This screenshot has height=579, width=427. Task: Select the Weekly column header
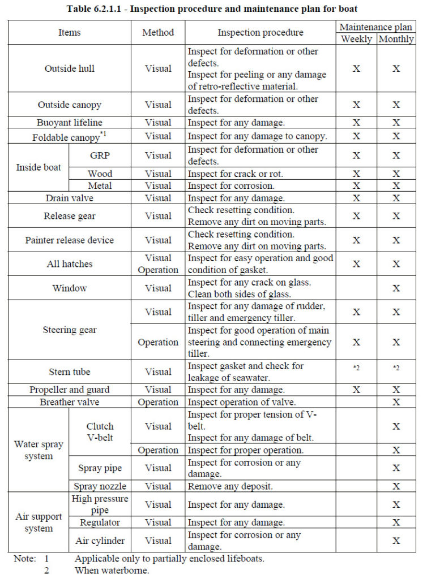tap(356, 39)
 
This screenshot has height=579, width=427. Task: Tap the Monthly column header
tap(396, 39)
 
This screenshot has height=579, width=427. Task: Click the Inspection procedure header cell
tap(261, 33)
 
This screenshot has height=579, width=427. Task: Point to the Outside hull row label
tap(70, 68)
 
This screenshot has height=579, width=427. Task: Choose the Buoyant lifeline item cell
tap(70, 122)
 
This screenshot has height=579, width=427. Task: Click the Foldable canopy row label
tap(70, 136)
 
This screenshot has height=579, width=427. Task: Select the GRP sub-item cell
tap(100, 155)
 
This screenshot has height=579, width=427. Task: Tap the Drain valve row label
tap(70, 198)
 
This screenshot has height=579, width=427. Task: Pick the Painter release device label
tap(70, 240)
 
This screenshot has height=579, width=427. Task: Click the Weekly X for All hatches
tap(356, 264)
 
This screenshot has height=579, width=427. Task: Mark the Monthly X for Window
tap(396, 288)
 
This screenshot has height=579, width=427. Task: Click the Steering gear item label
tap(70, 330)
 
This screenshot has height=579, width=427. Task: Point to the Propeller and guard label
tap(70, 390)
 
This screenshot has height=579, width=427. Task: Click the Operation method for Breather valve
tap(158, 403)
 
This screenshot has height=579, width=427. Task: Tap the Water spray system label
tap(39, 450)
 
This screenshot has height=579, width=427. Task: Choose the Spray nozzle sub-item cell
tap(100, 486)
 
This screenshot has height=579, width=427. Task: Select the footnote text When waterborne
tap(111, 571)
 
